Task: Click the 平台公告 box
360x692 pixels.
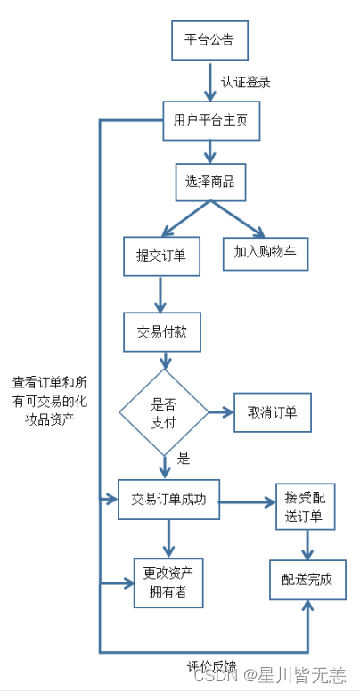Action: pyautogui.click(x=209, y=40)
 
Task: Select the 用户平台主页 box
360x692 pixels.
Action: pyautogui.click(x=211, y=121)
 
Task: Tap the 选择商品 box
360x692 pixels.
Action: pyautogui.click(x=209, y=182)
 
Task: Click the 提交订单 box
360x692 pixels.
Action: pyautogui.click(x=160, y=255)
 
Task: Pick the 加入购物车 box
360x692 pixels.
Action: pyautogui.click(x=265, y=253)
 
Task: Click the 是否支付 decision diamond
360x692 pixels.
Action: pyautogui.click(x=164, y=411)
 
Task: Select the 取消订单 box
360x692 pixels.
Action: pyautogui.click(x=273, y=412)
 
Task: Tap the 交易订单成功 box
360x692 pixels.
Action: pyautogui.click(x=168, y=500)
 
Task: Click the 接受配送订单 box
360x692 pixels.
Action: pyautogui.click(x=305, y=507)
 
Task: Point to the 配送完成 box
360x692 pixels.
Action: pyautogui.click(x=307, y=579)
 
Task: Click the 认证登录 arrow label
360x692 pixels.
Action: pyautogui.click(x=245, y=83)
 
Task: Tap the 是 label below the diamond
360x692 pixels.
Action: pyautogui.click(x=184, y=460)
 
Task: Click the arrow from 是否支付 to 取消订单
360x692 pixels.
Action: pyautogui.click(x=221, y=412)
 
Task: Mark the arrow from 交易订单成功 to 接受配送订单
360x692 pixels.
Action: pyautogui.click(x=248, y=502)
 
